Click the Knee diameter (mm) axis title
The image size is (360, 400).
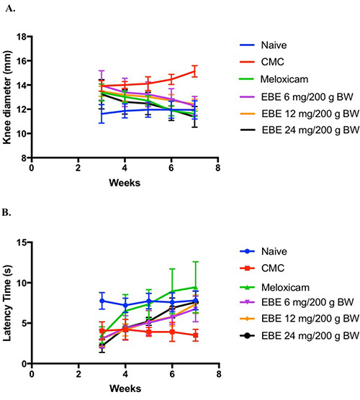coord(9,96)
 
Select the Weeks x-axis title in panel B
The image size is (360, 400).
coord(124,389)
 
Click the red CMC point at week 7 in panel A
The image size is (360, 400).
coord(194,71)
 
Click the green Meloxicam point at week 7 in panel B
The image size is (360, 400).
coord(194,287)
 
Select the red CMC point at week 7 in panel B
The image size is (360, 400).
coord(194,335)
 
